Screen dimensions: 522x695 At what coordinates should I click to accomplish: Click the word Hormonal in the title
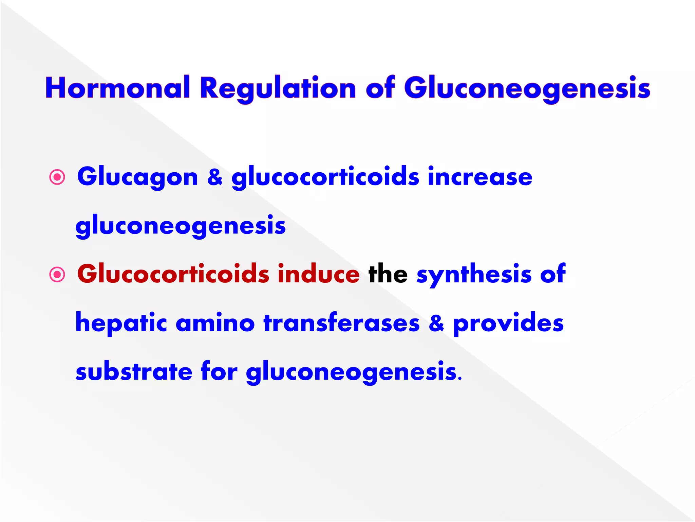[x=117, y=88]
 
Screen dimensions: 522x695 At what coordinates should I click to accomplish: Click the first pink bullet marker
[x=57, y=177]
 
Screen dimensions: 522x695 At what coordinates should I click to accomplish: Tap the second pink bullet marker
[x=57, y=274]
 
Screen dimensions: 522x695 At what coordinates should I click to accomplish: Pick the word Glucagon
[x=137, y=177]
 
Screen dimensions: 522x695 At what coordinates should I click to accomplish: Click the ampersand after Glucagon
[x=215, y=177]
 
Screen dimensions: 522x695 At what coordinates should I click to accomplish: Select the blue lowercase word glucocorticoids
[x=325, y=177]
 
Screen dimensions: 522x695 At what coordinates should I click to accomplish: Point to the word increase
[x=480, y=177]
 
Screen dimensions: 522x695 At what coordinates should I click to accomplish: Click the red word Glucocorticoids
[x=173, y=274]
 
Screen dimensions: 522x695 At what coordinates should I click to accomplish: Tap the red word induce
[x=318, y=274]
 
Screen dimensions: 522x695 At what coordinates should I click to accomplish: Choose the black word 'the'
[x=388, y=274]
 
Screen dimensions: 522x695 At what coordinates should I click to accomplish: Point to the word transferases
[x=341, y=323]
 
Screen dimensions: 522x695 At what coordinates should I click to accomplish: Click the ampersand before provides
[x=436, y=323]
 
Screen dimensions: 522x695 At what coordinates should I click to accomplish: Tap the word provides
[x=508, y=323]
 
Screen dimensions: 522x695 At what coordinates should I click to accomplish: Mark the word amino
[x=215, y=323]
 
